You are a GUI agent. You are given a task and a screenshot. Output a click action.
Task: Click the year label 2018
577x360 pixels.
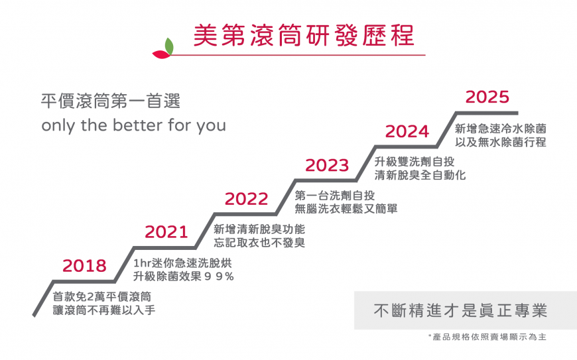pyautogui.click(x=84, y=265)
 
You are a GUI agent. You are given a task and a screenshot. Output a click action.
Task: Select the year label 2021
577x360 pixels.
pyautogui.click(x=166, y=232)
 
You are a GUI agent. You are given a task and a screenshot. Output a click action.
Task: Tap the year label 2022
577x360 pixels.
pyautogui.click(x=247, y=199)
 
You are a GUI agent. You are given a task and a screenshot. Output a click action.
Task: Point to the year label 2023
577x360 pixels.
pyautogui.click(x=327, y=166)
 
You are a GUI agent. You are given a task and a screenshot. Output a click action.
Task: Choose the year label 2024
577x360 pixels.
pyautogui.click(x=407, y=132)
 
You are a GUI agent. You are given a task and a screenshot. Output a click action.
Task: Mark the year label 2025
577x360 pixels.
pyautogui.click(x=487, y=97)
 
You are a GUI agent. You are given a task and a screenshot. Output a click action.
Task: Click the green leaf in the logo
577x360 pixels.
pyautogui.click(x=169, y=46)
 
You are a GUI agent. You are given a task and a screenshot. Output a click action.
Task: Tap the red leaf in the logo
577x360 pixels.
pyautogui.click(x=162, y=54)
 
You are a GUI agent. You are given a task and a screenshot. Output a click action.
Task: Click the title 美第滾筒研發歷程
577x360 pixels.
pyautogui.click(x=304, y=35)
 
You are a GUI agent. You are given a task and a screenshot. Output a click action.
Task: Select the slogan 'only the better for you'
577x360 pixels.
pyautogui.click(x=133, y=125)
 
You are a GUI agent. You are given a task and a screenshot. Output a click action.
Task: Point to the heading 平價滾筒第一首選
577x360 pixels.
pyautogui.click(x=111, y=101)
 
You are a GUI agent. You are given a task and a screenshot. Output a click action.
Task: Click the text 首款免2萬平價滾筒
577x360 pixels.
pyautogui.click(x=102, y=296)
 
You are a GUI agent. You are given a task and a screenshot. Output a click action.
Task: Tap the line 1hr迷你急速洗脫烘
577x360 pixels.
pyautogui.click(x=182, y=263)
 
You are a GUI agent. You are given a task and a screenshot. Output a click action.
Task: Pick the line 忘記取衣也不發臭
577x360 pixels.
pyautogui.click(x=259, y=243)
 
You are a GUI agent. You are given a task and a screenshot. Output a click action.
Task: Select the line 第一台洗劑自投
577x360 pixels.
pyautogui.click(x=335, y=196)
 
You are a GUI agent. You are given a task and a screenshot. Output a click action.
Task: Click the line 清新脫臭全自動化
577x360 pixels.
pyautogui.click(x=420, y=175)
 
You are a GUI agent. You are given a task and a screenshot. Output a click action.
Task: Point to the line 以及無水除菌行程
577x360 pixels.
pyautogui.click(x=501, y=142)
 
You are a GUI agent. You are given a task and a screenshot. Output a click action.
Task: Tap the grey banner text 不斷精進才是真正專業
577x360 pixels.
pyautogui.click(x=460, y=311)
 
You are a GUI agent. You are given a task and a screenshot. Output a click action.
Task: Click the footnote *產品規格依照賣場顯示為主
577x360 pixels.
pyautogui.click(x=487, y=337)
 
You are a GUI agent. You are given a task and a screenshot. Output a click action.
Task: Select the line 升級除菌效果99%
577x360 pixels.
pyautogui.click(x=183, y=276)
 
